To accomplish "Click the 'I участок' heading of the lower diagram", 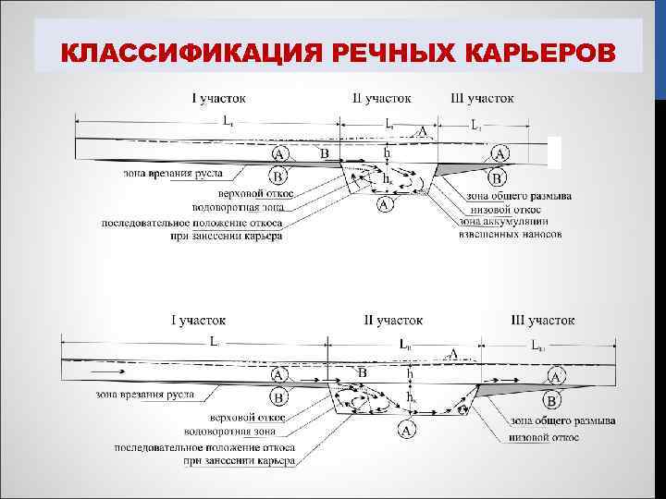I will pos(198,320).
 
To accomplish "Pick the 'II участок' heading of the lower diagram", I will pos(394,320).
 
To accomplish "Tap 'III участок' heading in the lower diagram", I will pos(542,320).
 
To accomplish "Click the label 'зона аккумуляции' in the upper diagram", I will pos(504,223).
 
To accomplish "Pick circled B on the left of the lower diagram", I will pos(277,398).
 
